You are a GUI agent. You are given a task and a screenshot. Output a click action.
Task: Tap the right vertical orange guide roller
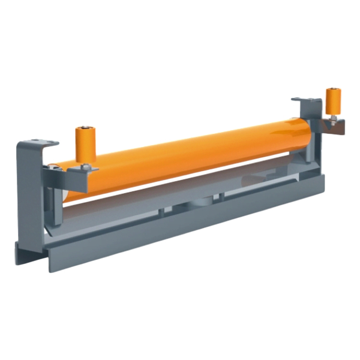coord(331,103)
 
